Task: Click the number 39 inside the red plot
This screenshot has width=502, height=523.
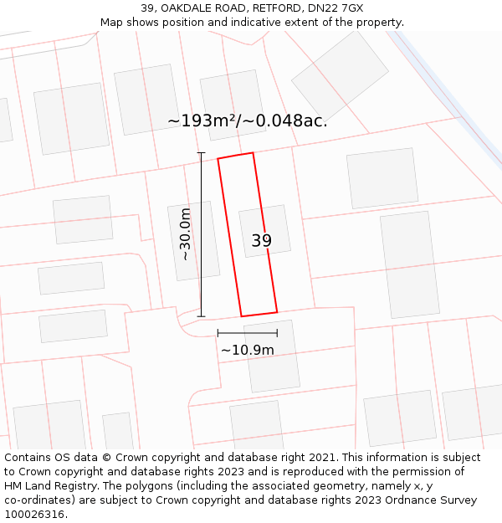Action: click(261, 241)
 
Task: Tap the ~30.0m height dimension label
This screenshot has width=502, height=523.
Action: click(186, 235)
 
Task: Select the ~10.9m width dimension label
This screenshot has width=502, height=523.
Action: click(247, 350)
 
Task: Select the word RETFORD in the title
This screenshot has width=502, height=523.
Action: click(269, 8)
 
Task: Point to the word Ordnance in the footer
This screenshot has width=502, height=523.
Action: click(403, 500)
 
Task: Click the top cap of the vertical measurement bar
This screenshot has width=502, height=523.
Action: click(201, 153)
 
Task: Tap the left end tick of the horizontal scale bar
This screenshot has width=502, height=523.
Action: click(218, 333)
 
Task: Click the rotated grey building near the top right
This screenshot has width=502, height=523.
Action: click(340, 74)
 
